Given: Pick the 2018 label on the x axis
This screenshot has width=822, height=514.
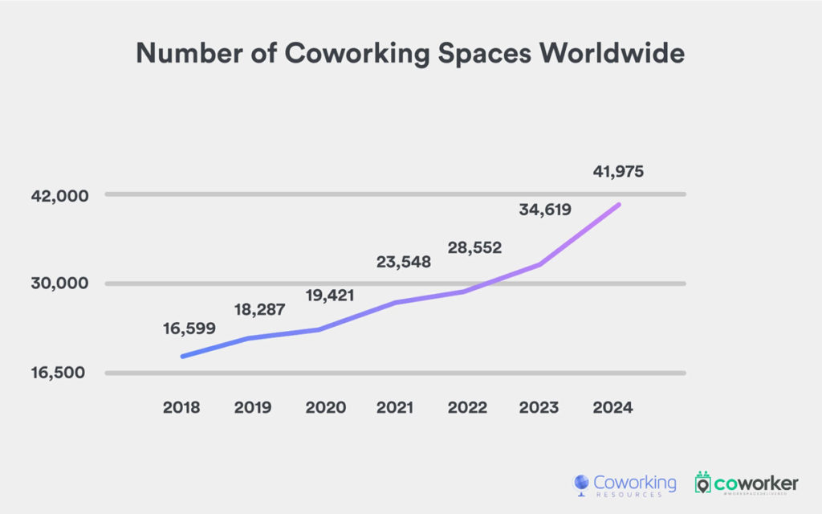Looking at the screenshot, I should click(181, 407).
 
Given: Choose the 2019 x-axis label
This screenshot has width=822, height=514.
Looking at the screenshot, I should click(253, 407).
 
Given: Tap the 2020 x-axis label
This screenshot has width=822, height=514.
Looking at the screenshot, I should click(325, 407).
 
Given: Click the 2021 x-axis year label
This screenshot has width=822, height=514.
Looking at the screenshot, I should click(397, 407).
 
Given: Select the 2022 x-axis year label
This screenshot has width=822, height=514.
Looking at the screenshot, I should click(468, 407).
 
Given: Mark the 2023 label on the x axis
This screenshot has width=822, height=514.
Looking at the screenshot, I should click(539, 407).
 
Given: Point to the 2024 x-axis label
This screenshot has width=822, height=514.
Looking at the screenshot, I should click(613, 407).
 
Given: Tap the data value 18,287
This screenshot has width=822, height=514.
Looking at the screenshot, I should click(259, 310).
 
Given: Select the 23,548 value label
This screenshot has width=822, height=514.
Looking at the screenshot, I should click(404, 262).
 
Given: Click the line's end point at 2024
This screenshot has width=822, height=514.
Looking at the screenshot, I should click(618, 205).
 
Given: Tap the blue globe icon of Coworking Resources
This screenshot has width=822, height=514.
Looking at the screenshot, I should click(581, 484).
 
